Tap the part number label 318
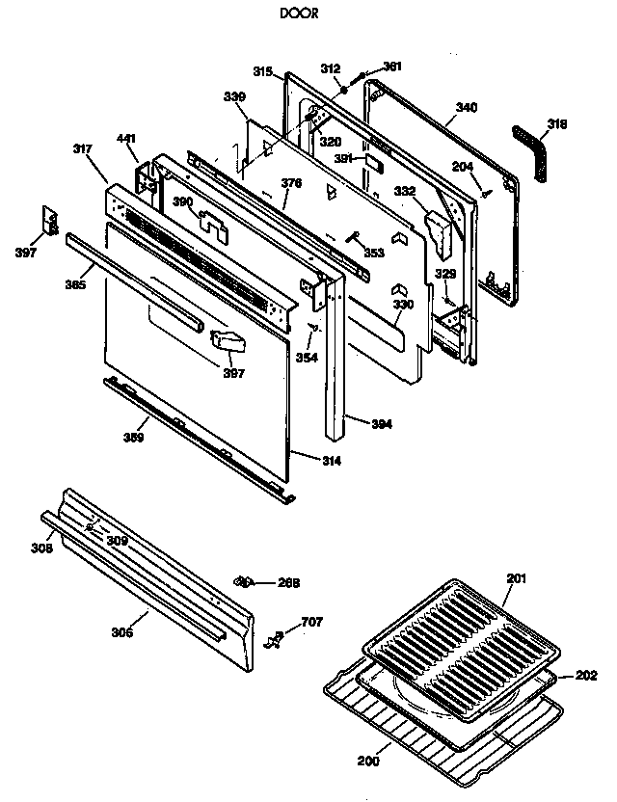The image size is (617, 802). click(x=557, y=123)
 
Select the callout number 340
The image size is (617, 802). click(x=466, y=107)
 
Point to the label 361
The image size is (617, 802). click(x=392, y=67)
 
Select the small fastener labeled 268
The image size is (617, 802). click(x=245, y=581)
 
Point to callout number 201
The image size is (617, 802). click(x=517, y=578)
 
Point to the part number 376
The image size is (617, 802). click(x=291, y=182)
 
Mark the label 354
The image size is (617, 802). click(x=306, y=358)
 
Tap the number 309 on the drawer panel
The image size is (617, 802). click(x=117, y=541)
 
